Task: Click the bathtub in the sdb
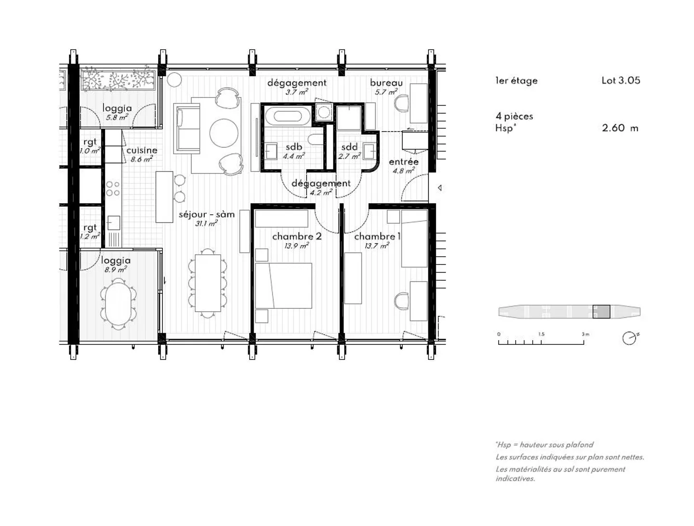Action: coord(288,116)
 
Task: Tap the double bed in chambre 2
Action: coord(283,286)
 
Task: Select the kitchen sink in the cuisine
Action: coord(114,223)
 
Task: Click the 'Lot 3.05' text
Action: coord(621,80)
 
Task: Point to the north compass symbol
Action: coord(630,338)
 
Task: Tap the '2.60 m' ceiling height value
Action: coord(620,128)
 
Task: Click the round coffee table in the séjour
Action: coord(224,133)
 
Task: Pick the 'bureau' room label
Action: coord(386,83)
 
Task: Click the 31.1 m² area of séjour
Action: coord(206,224)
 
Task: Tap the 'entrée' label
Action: coord(403,162)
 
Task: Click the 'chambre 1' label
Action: coord(377,237)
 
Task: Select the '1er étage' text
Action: coord(516,81)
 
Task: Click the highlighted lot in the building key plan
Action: coord(601,312)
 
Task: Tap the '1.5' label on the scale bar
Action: coord(541,334)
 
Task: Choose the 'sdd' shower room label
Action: coord(349,147)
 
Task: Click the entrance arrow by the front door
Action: coord(440,188)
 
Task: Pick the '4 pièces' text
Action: coord(514,116)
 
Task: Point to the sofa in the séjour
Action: coord(187,128)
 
